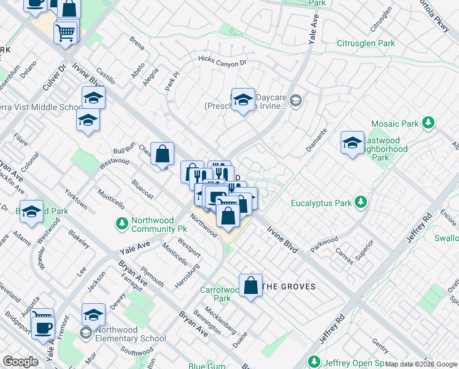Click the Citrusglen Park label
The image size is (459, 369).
(x=366, y=44)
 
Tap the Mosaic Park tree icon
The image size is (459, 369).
(x=430, y=124)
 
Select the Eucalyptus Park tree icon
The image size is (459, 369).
(x=361, y=202)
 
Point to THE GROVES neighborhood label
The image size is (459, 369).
(x=288, y=287)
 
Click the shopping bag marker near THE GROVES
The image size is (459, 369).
(x=250, y=286)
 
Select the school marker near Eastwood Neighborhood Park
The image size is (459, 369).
(x=352, y=144)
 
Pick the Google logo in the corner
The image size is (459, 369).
(x=20, y=361)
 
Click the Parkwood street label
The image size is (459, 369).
(x=324, y=240)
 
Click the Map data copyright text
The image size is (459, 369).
(x=421, y=364)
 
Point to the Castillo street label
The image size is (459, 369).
(x=106, y=76)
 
